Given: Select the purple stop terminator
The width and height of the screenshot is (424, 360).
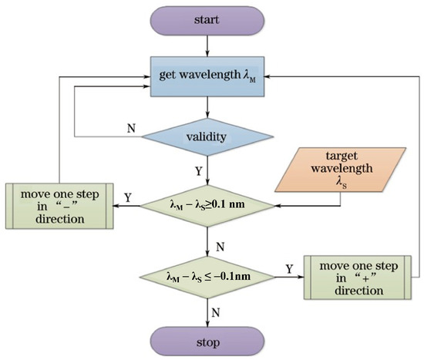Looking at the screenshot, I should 206,340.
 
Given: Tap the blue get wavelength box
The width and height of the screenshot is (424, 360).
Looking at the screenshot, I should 206,77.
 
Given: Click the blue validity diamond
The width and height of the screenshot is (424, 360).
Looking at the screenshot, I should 206,137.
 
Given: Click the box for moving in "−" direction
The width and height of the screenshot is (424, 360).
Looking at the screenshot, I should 59,205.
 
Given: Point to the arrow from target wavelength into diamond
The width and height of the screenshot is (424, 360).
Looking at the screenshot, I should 308,205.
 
